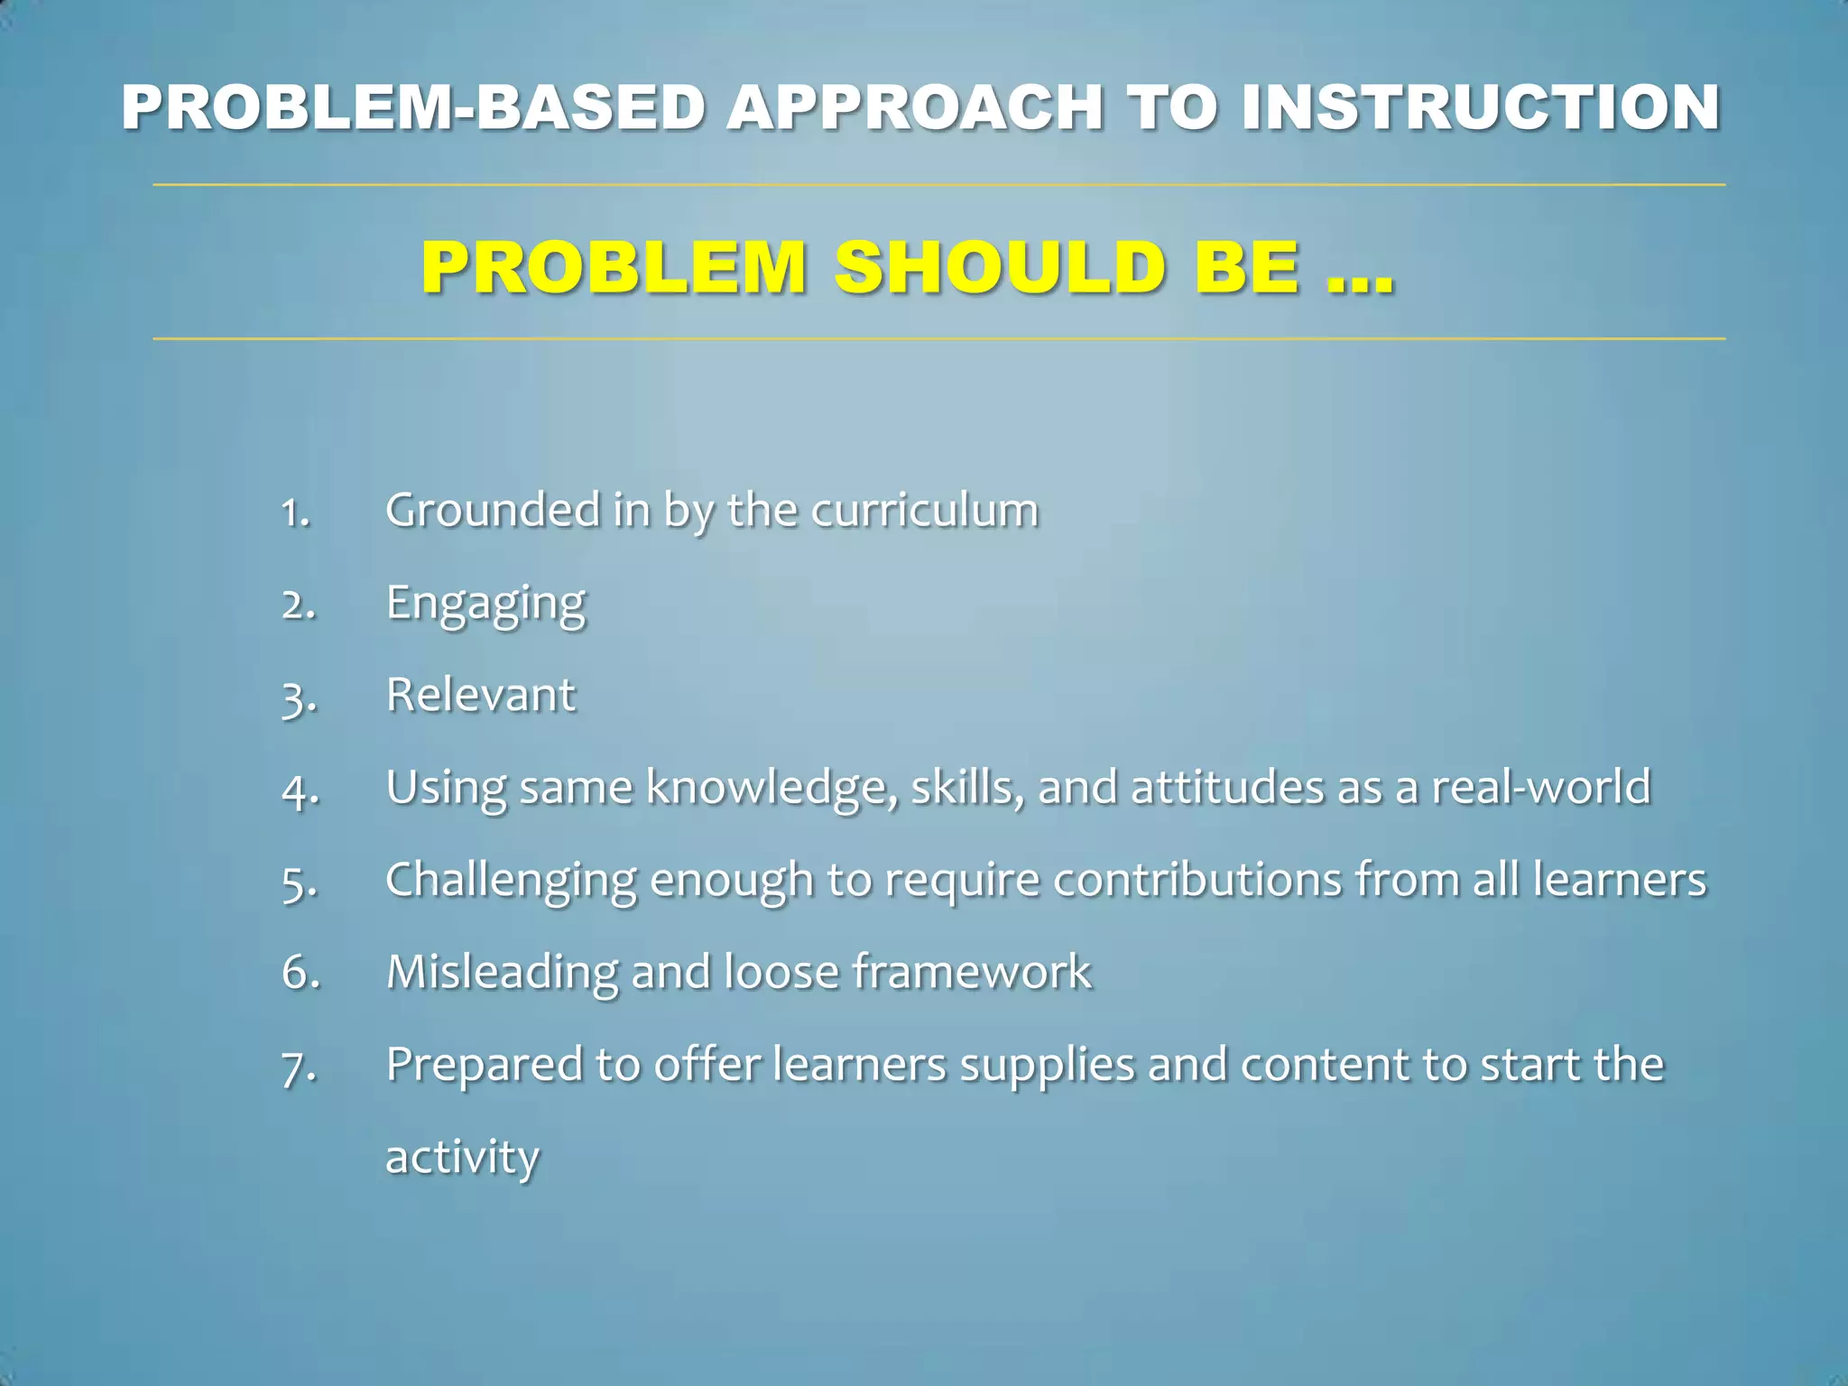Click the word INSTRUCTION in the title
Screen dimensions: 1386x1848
tap(1480, 107)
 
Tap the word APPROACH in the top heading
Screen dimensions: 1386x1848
tap(915, 107)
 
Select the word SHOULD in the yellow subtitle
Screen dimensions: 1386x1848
tap(1000, 268)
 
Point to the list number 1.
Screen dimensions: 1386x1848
tap(295, 513)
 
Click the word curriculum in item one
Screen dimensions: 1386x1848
tap(925, 511)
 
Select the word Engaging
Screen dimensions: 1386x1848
tap(485, 604)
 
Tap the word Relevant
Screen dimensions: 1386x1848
tap(480, 695)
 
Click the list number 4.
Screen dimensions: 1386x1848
tap(300, 790)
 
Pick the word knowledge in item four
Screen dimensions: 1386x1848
tap(772, 788)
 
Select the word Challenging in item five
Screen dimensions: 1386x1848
tap(511, 881)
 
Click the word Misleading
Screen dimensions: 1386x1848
tap(502, 972)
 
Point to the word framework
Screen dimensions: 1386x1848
tap(972, 972)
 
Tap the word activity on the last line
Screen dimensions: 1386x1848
tap(462, 1157)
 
